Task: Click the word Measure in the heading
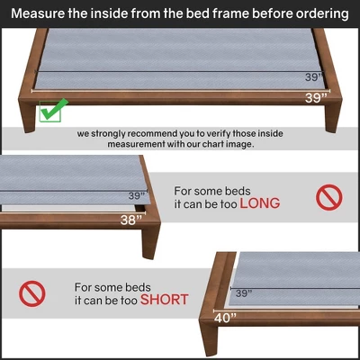coord(42,14)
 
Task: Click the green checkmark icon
coord(53,110)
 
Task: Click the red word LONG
coord(259,203)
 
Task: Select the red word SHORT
coord(164,299)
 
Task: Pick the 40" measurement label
coord(226,317)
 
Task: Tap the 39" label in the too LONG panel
coord(136,195)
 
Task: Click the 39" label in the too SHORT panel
coord(244,293)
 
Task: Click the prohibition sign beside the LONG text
coord(329,196)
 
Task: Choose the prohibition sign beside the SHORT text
coord(32,291)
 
